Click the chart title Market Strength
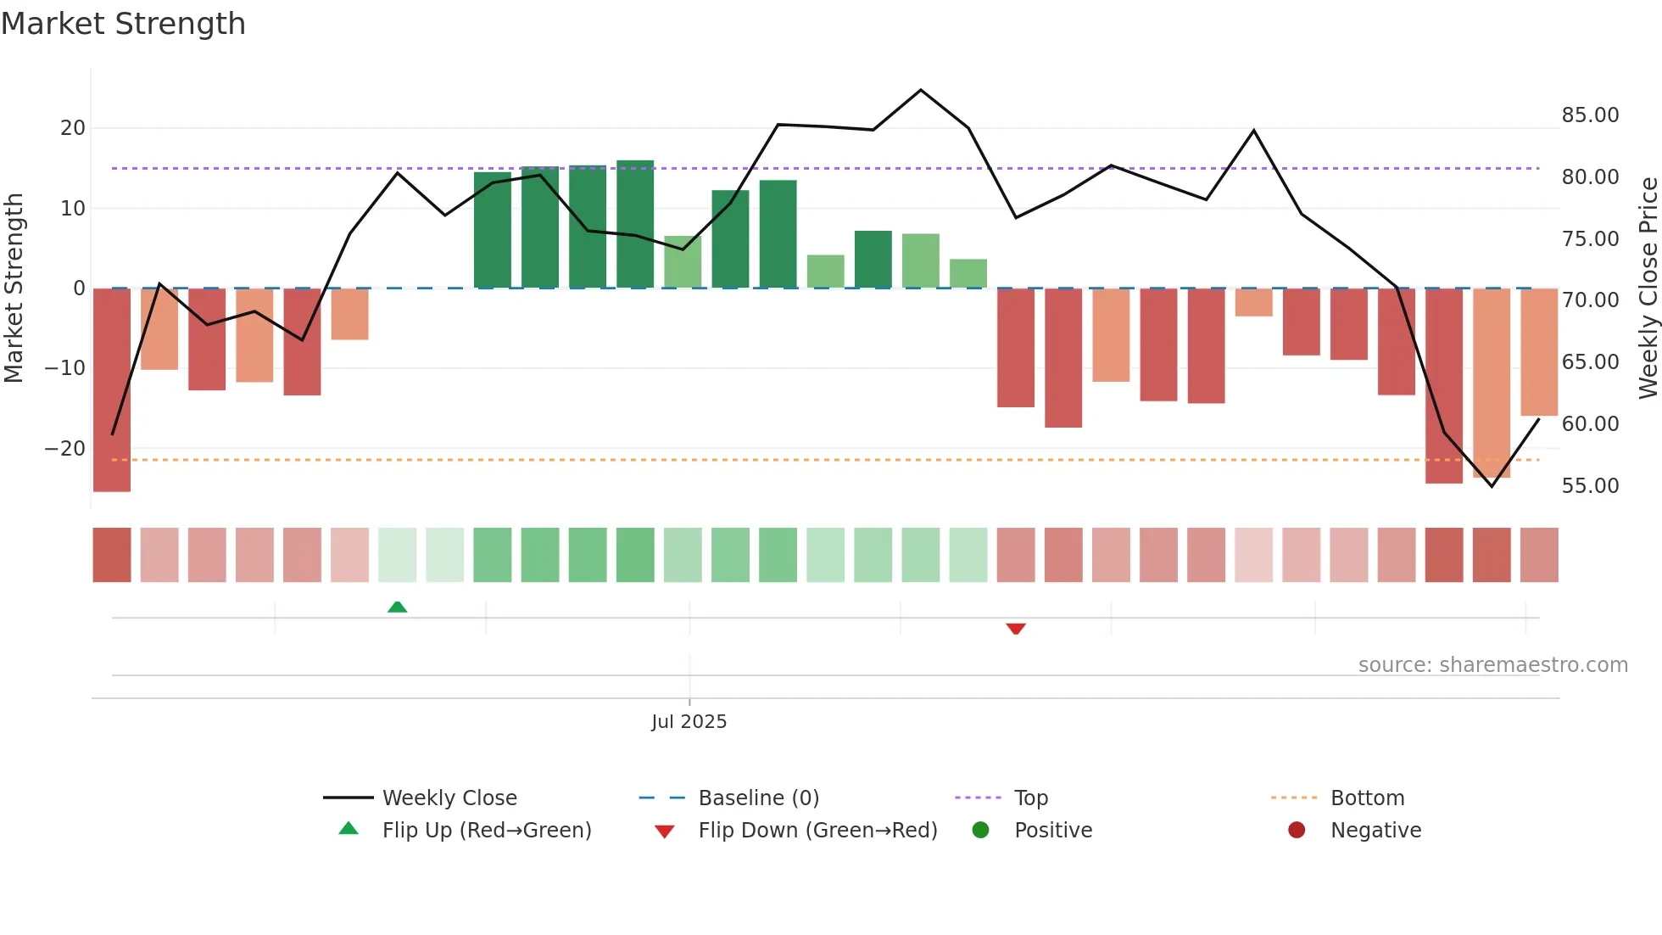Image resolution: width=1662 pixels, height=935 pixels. [x=123, y=24]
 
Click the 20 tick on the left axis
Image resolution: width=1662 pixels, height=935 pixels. [x=73, y=128]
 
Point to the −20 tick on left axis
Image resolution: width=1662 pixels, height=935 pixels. [x=65, y=449]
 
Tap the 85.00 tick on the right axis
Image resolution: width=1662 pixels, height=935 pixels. [x=1590, y=115]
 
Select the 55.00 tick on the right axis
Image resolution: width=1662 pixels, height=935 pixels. [x=1590, y=486]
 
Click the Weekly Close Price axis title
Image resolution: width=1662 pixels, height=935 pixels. [x=1648, y=288]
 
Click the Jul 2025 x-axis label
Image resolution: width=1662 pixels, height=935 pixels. [x=689, y=722]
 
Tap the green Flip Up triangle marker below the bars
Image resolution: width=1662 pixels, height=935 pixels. [x=397, y=607]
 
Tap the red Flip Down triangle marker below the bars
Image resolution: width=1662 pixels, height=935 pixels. [x=1016, y=629]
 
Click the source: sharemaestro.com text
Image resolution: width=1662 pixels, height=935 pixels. [x=1492, y=665]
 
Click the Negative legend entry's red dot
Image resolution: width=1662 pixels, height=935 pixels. [x=1297, y=831]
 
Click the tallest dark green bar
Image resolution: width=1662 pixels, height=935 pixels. [x=635, y=224]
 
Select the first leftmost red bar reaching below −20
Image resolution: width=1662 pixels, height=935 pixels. [x=112, y=390]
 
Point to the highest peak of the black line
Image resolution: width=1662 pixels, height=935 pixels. [x=921, y=90]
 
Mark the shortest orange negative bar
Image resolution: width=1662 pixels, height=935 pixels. [x=1253, y=303]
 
